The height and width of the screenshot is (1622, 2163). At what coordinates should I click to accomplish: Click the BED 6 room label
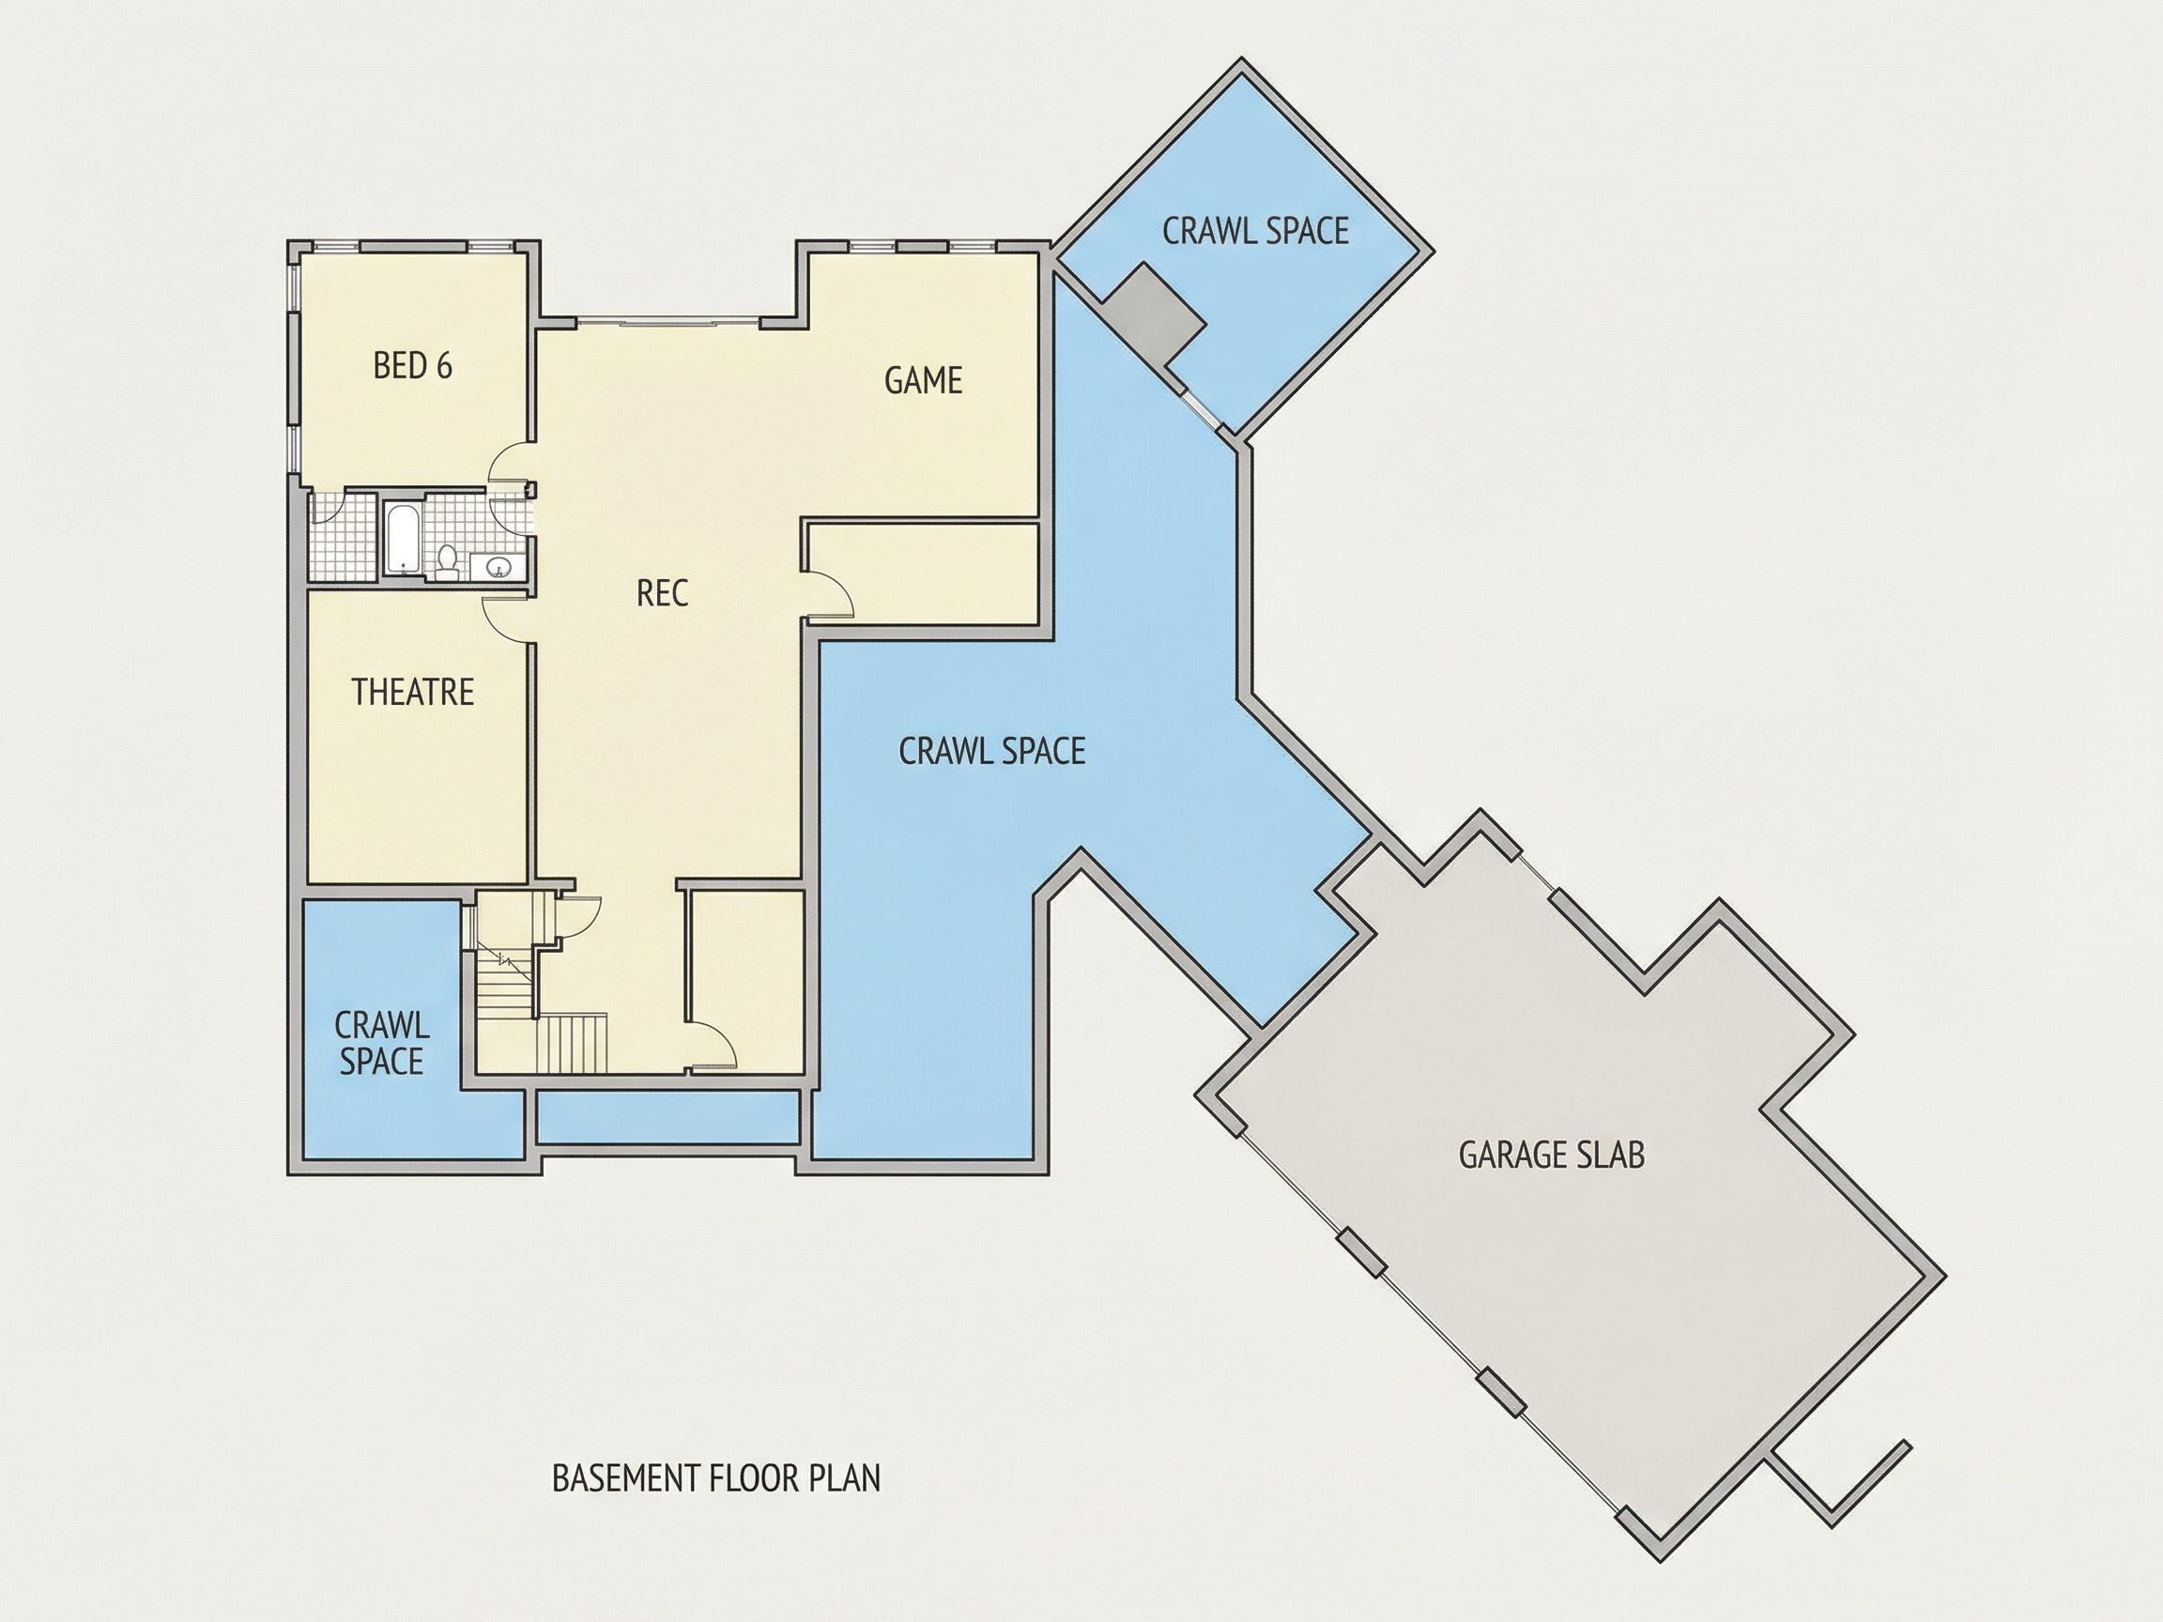point(412,366)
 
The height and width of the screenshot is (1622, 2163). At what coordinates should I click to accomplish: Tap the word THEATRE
point(413,692)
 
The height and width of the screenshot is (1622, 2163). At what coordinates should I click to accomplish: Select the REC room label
point(662,592)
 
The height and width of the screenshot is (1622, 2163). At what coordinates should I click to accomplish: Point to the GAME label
point(923,380)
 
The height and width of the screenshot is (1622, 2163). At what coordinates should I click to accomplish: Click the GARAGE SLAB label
point(1551,1155)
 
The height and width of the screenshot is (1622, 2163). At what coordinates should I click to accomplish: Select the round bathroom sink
point(498,566)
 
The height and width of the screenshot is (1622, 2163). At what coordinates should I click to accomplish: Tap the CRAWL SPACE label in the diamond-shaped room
point(1255,231)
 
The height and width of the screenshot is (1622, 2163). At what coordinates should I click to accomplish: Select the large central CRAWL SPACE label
point(991,751)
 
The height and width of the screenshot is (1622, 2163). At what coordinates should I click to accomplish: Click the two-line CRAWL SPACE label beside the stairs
point(381,1043)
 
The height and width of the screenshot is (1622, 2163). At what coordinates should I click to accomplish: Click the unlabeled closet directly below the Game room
point(920,574)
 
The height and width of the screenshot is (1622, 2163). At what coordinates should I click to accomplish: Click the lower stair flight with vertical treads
point(572,1042)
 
